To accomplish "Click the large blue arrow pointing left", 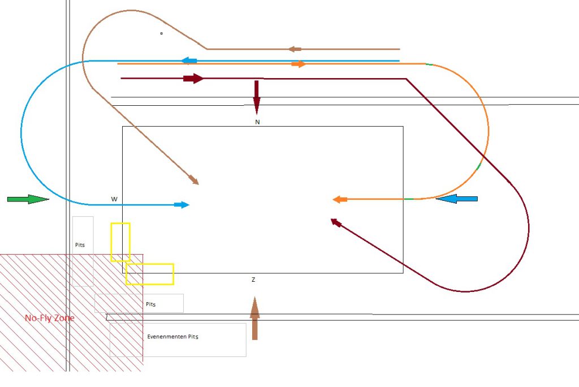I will tap(457, 199).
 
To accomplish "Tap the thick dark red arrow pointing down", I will tap(256, 97).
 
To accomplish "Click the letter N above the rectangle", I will tap(257, 122).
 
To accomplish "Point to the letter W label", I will tap(114, 199).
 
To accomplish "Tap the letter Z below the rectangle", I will tap(254, 280).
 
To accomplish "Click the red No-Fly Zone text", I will tap(49, 318).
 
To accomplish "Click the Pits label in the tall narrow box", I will tap(80, 245).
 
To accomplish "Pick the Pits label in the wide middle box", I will tap(150, 304).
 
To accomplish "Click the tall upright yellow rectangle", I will tap(120, 242).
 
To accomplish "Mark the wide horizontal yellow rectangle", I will tap(150, 274).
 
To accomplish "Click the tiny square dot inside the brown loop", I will tap(161, 33).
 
